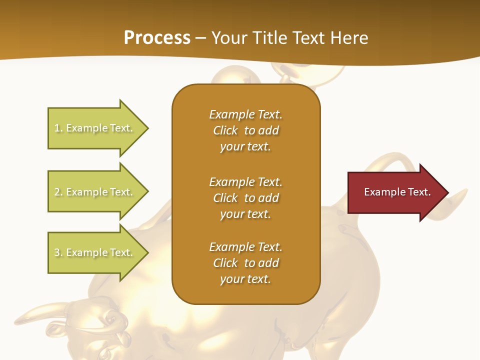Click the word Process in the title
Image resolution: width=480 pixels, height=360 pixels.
point(157,38)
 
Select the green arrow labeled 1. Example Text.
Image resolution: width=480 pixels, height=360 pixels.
point(95,128)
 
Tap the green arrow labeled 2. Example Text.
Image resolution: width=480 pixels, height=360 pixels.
point(95,192)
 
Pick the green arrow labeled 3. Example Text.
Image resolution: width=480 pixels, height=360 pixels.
point(95,252)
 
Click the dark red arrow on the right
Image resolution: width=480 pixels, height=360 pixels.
point(395,192)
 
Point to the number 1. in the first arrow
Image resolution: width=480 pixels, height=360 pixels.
point(58,128)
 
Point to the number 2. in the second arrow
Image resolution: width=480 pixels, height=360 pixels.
point(58,192)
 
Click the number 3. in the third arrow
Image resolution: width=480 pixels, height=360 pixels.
point(58,252)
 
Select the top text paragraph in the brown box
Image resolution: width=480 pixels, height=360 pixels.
point(246,130)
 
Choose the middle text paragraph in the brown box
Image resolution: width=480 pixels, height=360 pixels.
point(246,198)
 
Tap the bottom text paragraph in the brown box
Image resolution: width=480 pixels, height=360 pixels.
point(246,263)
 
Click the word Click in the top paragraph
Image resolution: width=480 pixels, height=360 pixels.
point(225,130)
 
